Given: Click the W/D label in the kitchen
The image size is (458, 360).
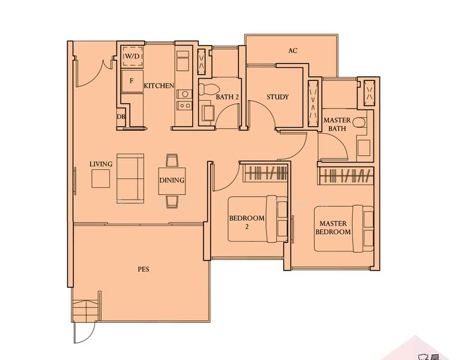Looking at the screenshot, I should coord(130,58).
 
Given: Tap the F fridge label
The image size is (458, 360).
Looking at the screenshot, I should coord(130,80).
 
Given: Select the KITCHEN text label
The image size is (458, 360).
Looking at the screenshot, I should coord(159,86).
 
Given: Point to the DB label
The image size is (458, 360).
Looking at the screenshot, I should coord(121,116).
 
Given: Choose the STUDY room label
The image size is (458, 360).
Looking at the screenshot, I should coord(278,97).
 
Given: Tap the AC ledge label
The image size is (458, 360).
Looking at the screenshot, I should coord(292,51).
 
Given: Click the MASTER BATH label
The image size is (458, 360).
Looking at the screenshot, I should coord(337,124).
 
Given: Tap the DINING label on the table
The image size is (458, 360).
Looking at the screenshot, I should coord(172,180).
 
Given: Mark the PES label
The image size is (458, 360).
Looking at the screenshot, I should coord(143,269).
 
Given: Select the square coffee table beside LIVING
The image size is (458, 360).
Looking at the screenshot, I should coord(100,178).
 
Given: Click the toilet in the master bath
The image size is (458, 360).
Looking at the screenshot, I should coord(359,124).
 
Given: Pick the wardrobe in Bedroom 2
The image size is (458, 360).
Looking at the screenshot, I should coord(266,173).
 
